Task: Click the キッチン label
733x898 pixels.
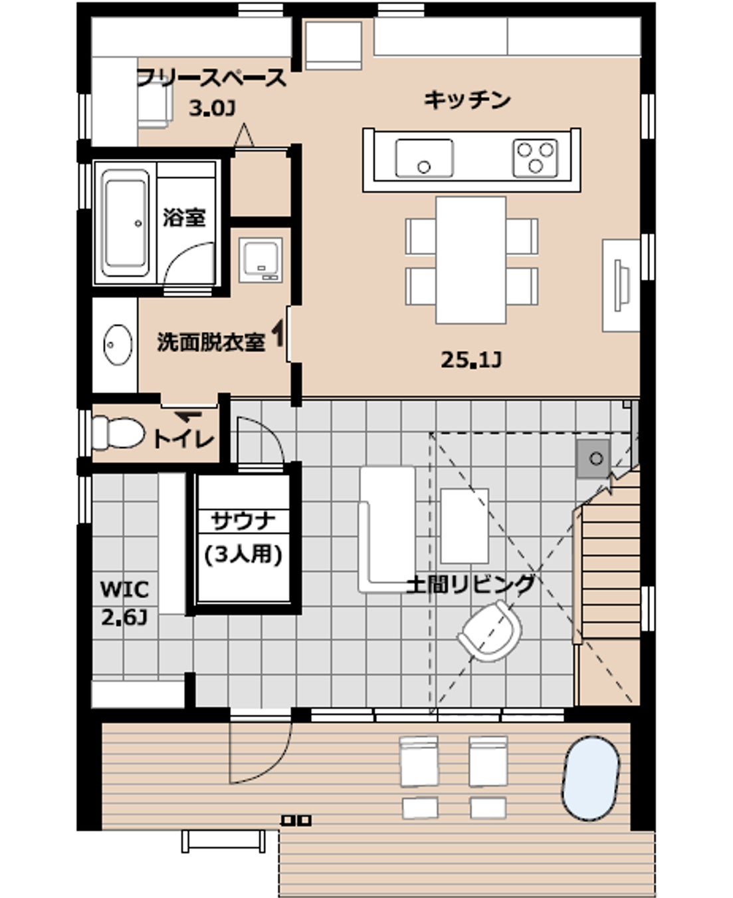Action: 467,100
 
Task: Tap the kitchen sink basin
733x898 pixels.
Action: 424,158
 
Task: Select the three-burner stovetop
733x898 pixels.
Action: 535,158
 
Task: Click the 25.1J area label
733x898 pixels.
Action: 471,361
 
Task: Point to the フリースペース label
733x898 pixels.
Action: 211,78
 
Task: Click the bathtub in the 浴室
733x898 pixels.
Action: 125,224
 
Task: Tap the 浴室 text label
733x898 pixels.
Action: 184,218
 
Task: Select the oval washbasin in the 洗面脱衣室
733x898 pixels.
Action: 118,345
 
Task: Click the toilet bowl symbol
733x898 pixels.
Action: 118,433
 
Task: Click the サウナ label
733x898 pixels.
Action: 243,521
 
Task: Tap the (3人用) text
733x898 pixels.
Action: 243,555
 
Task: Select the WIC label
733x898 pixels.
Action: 125,589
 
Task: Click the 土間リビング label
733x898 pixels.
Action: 470,584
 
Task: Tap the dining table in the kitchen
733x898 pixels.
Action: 471,260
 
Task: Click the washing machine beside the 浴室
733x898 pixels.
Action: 261,260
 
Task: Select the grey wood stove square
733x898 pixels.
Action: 593,458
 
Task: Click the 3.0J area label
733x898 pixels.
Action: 212,109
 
